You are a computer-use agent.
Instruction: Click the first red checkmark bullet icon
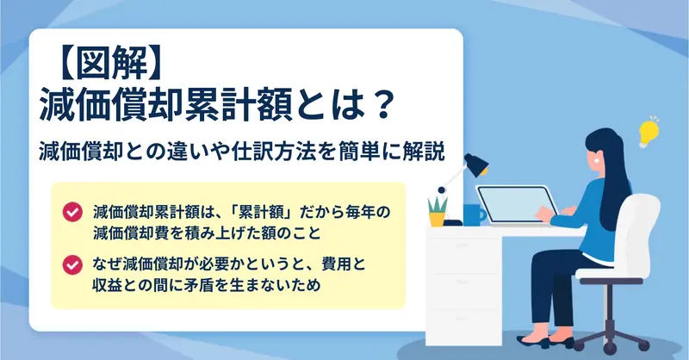tap(72, 213)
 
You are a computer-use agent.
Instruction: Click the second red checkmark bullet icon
tap(72, 265)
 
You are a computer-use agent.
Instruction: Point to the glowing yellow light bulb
tap(649, 132)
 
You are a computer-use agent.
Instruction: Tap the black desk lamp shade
tap(476, 164)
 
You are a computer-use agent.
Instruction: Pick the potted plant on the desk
tap(438, 212)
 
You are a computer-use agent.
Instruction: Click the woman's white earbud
tap(597, 161)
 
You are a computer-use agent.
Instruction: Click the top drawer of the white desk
tap(463, 255)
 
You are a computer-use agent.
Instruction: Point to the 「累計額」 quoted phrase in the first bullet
tap(262, 213)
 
